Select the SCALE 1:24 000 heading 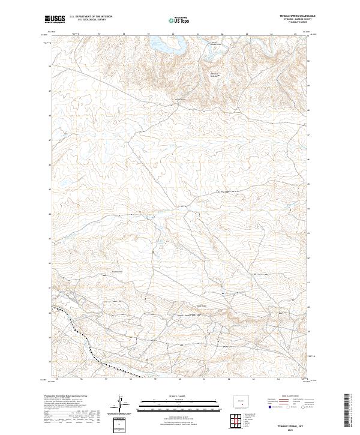(x=179, y=395)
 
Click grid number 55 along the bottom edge (x=56, y=379)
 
